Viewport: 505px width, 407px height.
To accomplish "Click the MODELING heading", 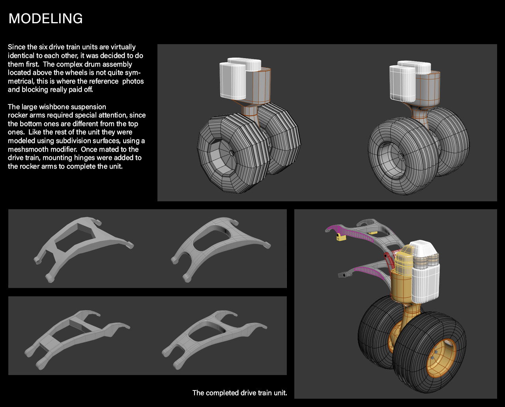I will tap(45, 19).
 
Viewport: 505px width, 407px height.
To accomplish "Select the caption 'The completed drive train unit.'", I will tap(239, 393).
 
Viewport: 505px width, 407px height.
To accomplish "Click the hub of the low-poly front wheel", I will tap(232, 152).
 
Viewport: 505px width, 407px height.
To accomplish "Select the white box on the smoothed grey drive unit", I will tap(402, 82).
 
